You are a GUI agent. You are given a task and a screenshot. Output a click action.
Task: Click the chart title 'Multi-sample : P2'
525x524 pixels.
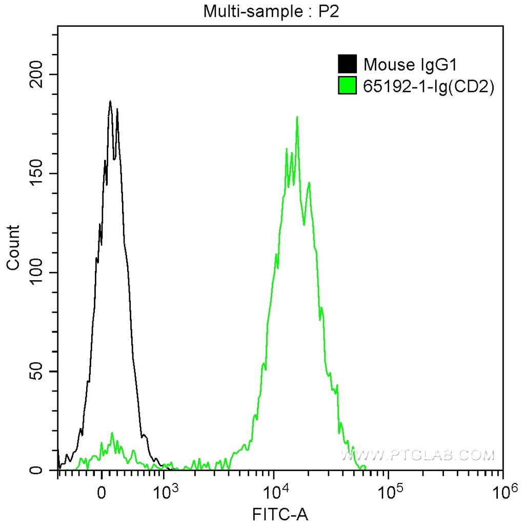[271, 11]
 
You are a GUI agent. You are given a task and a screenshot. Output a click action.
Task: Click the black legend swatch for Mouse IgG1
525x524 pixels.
[347, 65]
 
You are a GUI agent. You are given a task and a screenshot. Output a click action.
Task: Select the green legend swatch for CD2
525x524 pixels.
[347, 86]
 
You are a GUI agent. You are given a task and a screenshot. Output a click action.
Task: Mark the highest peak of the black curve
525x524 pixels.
[110, 101]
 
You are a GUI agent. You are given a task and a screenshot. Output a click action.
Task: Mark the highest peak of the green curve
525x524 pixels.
[297, 117]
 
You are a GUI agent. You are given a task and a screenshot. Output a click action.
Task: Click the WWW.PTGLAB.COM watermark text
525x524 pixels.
[418, 455]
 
